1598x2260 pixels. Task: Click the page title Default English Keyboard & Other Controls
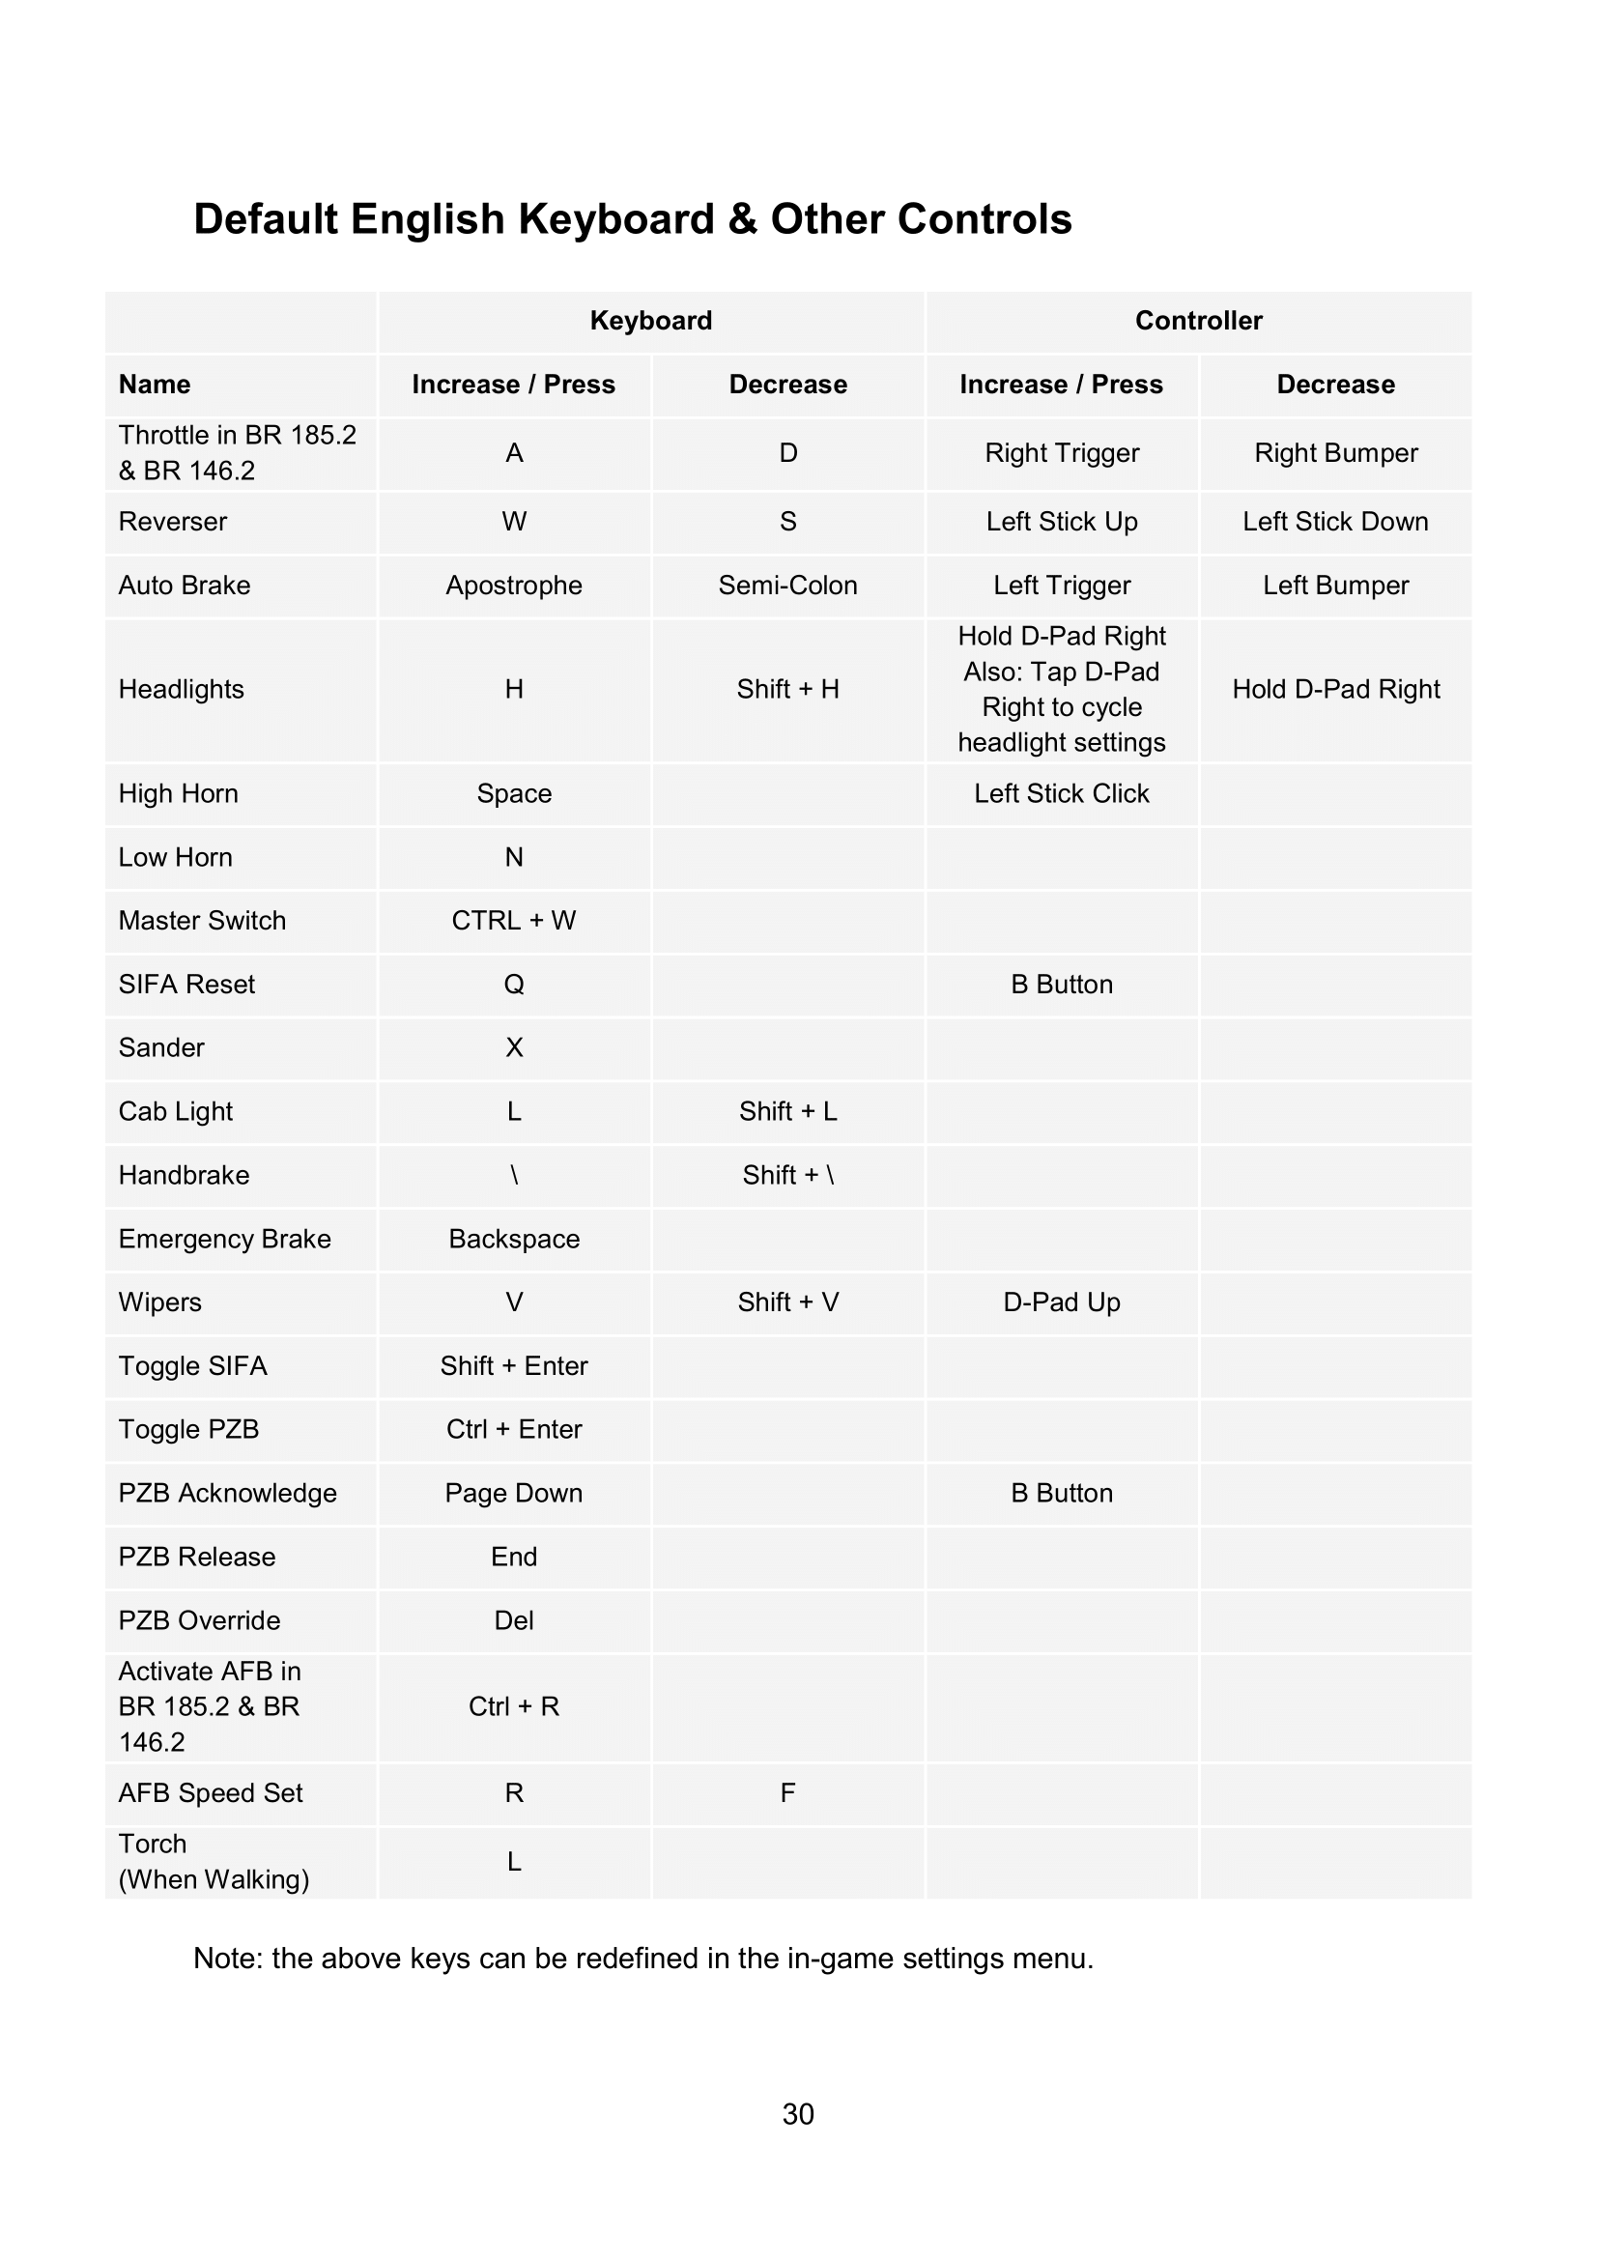tap(632, 218)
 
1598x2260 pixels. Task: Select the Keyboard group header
tap(650, 321)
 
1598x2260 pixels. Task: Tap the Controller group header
tap(1197, 321)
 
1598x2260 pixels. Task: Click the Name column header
tap(155, 385)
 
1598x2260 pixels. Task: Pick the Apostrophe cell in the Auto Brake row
tap(514, 586)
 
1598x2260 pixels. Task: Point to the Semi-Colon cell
tap(787, 586)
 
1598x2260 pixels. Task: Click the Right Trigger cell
tap(1062, 453)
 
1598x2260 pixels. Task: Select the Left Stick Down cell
tap(1334, 522)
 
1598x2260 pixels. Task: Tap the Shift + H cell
tap(787, 689)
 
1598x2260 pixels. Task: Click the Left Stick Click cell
tap(1062, 793)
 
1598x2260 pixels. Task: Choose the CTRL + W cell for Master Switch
tap(514, 921)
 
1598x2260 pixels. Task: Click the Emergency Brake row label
tap(224, 1239)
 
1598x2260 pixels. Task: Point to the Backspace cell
tap(514, 1239)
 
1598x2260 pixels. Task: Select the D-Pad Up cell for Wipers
tap(1062, 1302)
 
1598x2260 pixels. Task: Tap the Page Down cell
tap(514, 1493)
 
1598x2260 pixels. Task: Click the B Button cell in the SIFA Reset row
tap(1062, 985)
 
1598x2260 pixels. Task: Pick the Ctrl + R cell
tap(514, 1705)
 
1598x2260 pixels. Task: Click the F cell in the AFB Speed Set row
tap(787, 1792)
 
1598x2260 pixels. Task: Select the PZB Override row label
tap(199, 1620)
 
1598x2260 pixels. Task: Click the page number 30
tap(798, 2114)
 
